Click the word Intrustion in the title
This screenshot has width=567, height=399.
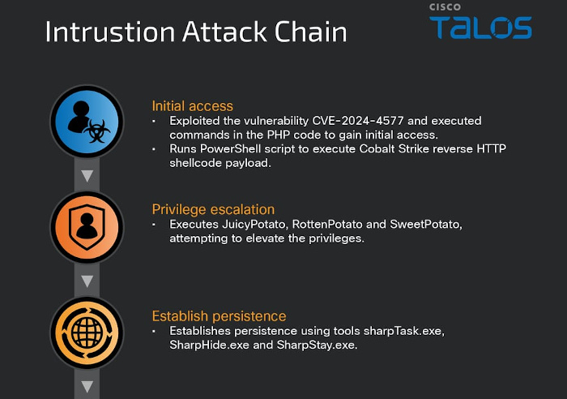click(x=110, y=32)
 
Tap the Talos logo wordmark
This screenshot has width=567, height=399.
click(x=480, y=27)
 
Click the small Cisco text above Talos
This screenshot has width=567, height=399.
click(x=445, y=6)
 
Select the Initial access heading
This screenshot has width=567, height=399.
click(x=193, y=106)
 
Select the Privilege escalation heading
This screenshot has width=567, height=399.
click(x=213, y=210)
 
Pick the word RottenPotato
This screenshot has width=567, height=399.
click(x=327, y=225)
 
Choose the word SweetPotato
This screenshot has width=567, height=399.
click(x=426, y=225)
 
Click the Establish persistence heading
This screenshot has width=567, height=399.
click(x=220, y=316)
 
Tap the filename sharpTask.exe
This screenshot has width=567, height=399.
click(x=404, y=331)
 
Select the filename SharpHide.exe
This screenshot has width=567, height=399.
click(x=209, y=345)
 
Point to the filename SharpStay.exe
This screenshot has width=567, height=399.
click(x=318, y=345)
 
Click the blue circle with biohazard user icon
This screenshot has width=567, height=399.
click(x=87, y=122)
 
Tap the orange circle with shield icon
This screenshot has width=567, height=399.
click(x=87, y=227)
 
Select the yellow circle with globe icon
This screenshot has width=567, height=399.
click(x=87, y=332)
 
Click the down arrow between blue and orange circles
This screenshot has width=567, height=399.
click(x=87, y=176)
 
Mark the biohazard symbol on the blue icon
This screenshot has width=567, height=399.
click(x=97, y=131)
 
